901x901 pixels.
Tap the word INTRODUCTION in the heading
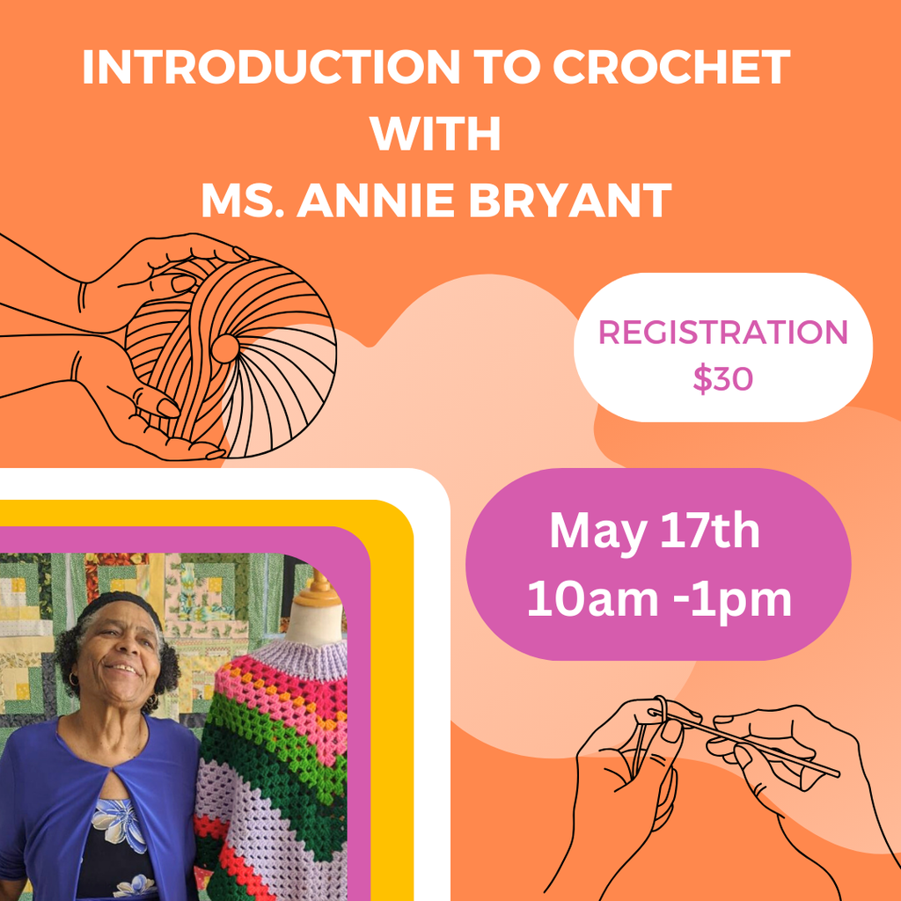(x=271, y=67)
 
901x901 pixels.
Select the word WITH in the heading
(x=435, y=134)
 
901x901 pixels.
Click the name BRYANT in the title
(x=570, y=201)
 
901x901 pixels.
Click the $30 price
(x=722, y=378)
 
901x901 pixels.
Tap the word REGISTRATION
(x=723, y=332)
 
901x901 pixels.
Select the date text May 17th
(x=655, y=532)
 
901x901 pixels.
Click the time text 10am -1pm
(x=659, y=598)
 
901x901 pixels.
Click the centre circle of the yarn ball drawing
(x=225, y=348)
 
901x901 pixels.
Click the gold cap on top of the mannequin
(x=318, y=591)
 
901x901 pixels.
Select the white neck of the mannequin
(x=316, y=624)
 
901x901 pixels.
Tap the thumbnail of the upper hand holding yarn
(x=183, y=283)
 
